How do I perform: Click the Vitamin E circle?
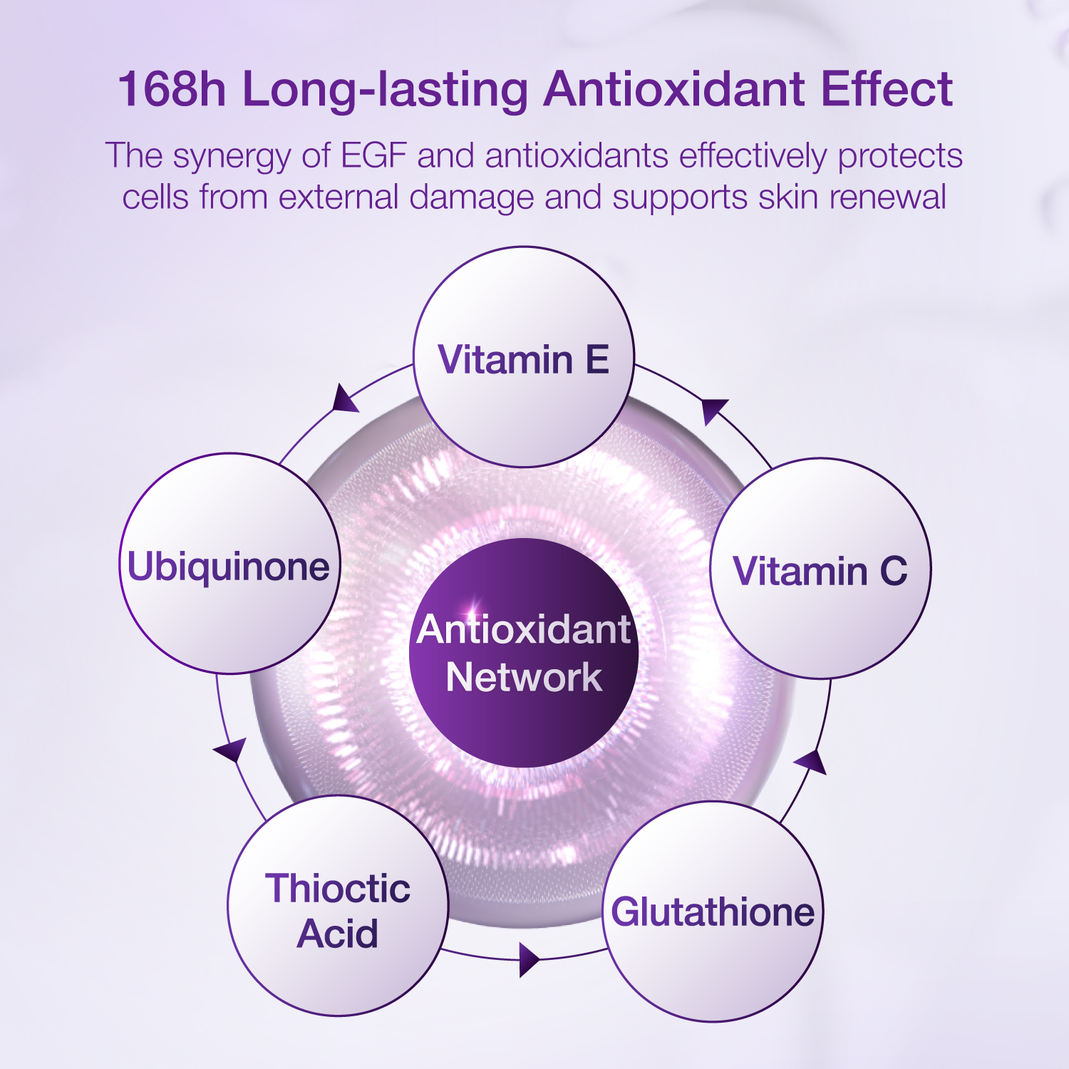(524, 357)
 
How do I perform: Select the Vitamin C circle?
(820, 569)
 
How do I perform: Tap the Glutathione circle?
(713, 912)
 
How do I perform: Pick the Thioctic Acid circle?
(338, 906)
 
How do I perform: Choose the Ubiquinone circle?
(229, 564)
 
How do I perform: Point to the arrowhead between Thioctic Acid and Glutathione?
(528, 960)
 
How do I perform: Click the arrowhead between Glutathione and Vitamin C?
(812, 762)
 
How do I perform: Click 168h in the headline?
(172, 89)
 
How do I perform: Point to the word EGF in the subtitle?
(374, 155)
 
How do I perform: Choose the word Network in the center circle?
(524, 677)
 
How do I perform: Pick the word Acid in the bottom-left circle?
(338, 934)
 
